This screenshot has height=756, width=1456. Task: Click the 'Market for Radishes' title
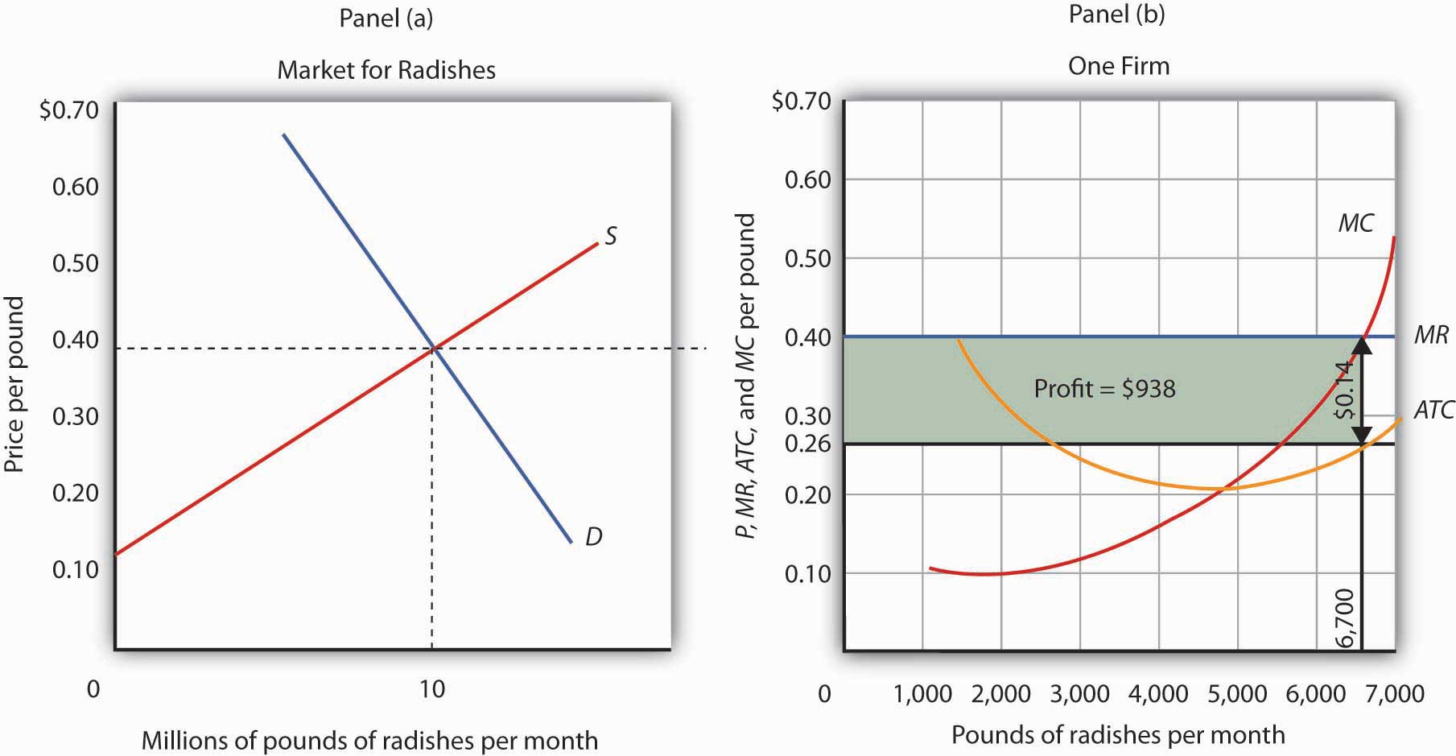tap(386, 70)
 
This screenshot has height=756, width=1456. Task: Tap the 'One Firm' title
tap(1118, 66)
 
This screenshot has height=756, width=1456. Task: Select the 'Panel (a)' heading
tap(386, 19)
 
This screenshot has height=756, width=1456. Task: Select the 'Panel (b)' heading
tap(1116, 14)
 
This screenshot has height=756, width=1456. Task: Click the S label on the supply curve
tap(611, 236)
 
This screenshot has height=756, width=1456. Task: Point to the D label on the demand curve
tap(593, 536)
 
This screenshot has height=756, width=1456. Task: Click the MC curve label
tap(1355, 223)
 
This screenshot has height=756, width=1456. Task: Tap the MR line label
tap(1431, 335)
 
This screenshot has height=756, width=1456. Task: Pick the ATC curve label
tap(1433, 411)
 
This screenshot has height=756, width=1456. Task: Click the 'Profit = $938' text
tap(1104, 389)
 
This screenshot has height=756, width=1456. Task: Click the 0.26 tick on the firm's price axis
tap(808, 444)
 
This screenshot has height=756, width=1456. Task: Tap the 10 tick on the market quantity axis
tap(432, 689)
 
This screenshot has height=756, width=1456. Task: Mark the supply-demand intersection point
tap(434, 348)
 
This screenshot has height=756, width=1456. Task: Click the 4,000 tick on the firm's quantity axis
tap(1159, 694)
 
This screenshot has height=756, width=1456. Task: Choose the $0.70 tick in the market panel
tap(68, 109)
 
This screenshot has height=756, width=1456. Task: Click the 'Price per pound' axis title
tap(14, 385)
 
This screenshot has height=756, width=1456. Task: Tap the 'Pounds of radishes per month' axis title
tap(1118, 735)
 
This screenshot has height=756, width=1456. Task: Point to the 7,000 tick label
tap(1395, 694)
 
